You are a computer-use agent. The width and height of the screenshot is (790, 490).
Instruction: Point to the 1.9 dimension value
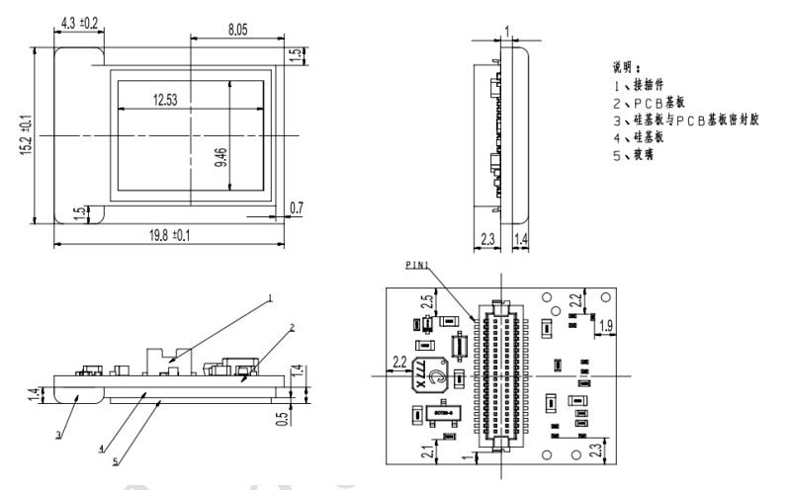pos(607,325)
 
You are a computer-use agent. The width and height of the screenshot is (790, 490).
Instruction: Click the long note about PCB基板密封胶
pos(696,119)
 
